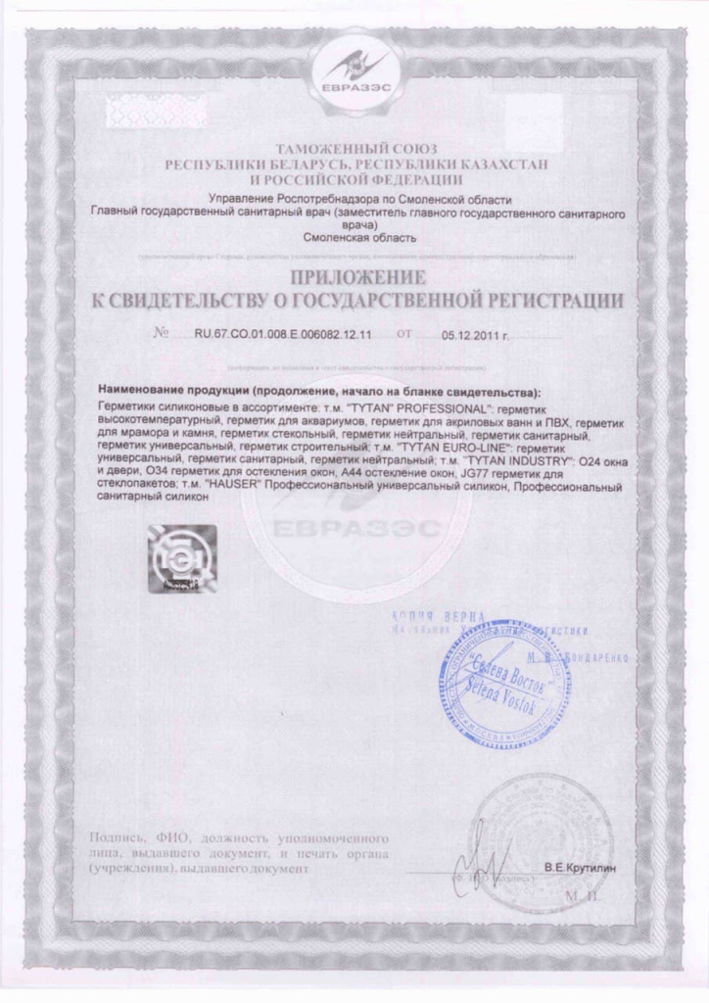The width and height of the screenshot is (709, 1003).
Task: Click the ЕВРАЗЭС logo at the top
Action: tap(354, 74)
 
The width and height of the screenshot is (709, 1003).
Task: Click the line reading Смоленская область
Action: tap(354, 237)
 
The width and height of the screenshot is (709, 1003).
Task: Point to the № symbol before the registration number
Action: tap(162, 334)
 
